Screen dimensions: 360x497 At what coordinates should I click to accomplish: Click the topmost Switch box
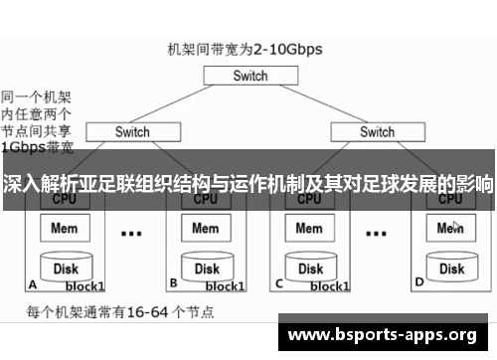[x=250, y=76]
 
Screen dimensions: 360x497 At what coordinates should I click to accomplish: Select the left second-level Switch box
[x=131, y=131]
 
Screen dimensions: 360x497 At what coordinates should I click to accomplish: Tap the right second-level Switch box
[x=377, y=131]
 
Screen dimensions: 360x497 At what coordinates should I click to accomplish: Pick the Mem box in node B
[x=205, y=229]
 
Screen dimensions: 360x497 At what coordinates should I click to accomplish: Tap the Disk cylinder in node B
[x=206, y=268]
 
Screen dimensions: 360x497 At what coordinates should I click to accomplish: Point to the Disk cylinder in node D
[x=451, y=268]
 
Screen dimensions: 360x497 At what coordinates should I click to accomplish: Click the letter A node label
[x=33, y=283]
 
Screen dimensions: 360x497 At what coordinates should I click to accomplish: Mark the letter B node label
[x=173, y=283]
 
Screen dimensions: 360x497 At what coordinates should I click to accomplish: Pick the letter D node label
[x=418, y=283]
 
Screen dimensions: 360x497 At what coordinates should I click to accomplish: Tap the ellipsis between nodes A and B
[x=130, y=235]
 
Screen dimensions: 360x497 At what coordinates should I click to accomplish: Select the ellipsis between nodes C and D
[x=375, y=235]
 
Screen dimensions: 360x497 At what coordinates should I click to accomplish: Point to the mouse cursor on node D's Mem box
[x=456, y=226]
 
